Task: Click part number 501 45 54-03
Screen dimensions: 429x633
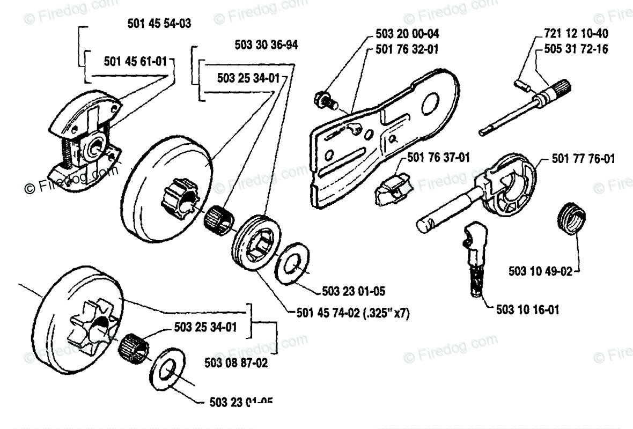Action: point(160,24)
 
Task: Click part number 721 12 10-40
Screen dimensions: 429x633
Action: point(572,34)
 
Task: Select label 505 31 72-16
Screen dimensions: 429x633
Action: point(572,49)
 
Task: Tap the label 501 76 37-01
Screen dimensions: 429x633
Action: point(439,158)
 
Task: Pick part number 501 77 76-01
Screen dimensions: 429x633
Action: point(583,159)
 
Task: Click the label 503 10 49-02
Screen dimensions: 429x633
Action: point(541,271)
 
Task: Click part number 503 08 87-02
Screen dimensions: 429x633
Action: point(236,363)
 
